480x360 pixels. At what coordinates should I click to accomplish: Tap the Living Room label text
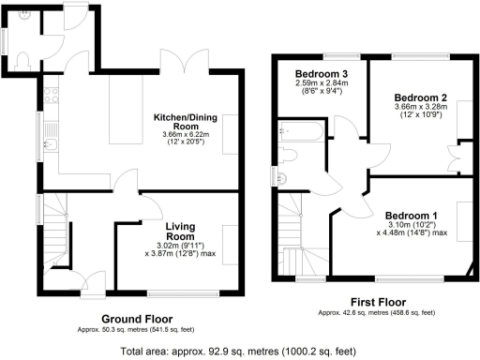point(180,232)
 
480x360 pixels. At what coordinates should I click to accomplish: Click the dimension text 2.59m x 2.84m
point(321,84)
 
